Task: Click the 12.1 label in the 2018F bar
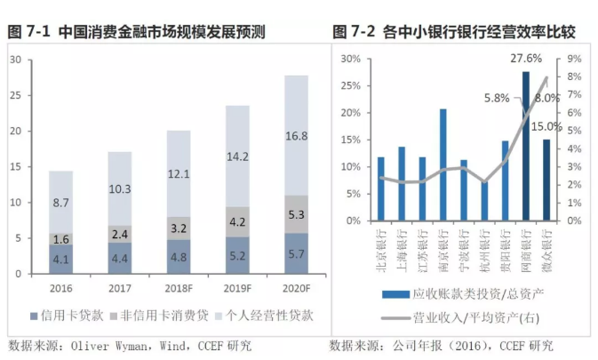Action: pos(179,173)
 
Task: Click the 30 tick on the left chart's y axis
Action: pos(15,60)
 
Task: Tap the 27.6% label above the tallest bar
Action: pos(525,58)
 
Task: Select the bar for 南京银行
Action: pos(443,164)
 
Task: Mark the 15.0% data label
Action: pos(547,127)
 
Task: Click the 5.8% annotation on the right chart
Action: pos(497,98)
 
